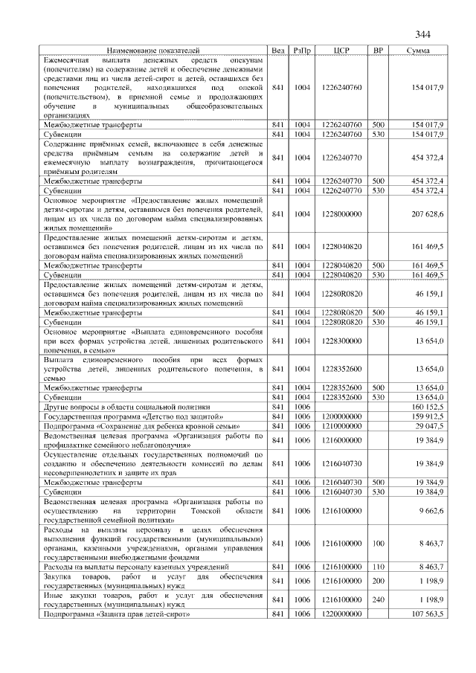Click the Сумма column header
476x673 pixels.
(x=421, y=51)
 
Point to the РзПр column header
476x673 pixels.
(x=302, y=51)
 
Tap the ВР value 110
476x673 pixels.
(x=378, y=567)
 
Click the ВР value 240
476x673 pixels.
(x=378, y=599)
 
